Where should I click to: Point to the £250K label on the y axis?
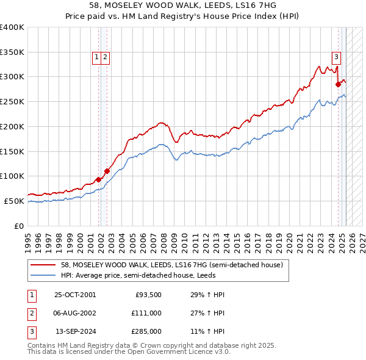click(12, 101)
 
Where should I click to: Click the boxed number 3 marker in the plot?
click(336, 57)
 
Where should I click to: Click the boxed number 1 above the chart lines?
click(96, 57)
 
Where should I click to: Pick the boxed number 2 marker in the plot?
click(105, 57)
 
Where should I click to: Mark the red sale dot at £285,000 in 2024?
click(338, 84)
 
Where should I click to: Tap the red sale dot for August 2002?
click(107, 171)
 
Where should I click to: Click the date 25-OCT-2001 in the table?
click(75, 295)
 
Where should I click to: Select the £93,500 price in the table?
click(148, 295)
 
